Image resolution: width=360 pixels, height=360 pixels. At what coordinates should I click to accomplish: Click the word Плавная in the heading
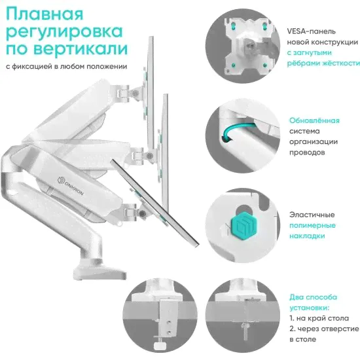(x=45, y=14)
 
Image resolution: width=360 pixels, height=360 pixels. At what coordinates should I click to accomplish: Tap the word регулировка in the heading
(x=64, y=32)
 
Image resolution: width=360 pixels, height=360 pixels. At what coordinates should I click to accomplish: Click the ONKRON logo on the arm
(x=71, y=186)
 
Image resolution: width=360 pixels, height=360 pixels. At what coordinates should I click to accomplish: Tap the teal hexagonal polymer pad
(x=243, y=225)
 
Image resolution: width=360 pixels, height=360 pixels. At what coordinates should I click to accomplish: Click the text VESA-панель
(x=311, y=31)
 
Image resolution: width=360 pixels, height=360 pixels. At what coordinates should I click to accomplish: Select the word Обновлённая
(x=314, y=120)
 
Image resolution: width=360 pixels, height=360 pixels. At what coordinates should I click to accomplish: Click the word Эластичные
(x=312, y=215)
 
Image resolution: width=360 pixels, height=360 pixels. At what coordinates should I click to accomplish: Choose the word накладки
(x=307, y=236)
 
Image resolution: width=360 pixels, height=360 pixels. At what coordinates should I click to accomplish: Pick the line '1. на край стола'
(x=319, y=318)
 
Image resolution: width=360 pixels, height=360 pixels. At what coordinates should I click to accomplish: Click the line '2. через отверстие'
(x=324, y=329)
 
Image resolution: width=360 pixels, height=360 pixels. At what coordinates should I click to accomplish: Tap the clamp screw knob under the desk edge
(x=160, y=346)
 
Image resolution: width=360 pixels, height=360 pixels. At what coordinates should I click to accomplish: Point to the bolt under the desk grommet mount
(x=245, y=331)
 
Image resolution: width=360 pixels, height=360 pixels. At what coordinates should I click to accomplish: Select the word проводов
(x=307, y=153)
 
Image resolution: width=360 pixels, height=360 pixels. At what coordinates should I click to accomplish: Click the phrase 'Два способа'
(x=313, y=297)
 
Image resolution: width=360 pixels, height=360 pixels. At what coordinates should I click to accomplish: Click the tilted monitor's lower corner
(x=196, y=245)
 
